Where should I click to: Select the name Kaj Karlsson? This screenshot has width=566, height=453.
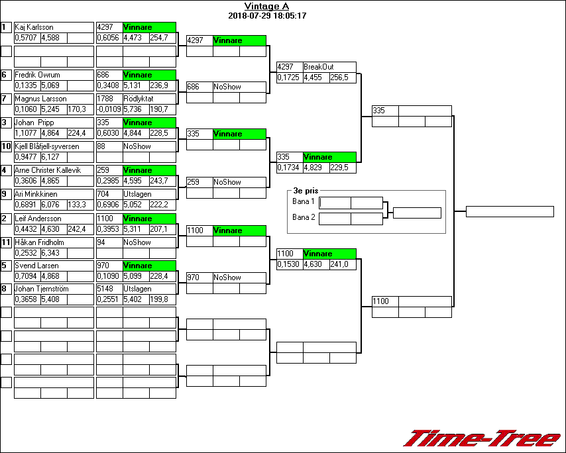tap(34, 27)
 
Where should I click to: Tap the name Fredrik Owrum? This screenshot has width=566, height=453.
tap(37, 75)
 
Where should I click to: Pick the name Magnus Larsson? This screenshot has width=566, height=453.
tap(40, 99)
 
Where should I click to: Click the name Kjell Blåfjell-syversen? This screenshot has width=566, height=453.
tap(46, 146)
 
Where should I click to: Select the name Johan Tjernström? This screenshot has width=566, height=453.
tap(42, 289)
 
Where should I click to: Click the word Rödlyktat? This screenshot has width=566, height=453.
tap(138, 99)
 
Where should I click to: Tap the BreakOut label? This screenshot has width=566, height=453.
tap(319, 67)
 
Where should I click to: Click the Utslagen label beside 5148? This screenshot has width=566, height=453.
tap(137, 289)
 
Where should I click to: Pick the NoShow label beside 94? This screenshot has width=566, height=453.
tap(137, 242)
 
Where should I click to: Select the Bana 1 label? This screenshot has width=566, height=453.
tap(303, 201)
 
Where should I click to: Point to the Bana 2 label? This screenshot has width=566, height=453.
tap(303, 217)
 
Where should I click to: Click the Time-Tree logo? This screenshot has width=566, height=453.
tap(482, 438)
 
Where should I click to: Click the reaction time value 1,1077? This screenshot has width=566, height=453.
tap(27, 133)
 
